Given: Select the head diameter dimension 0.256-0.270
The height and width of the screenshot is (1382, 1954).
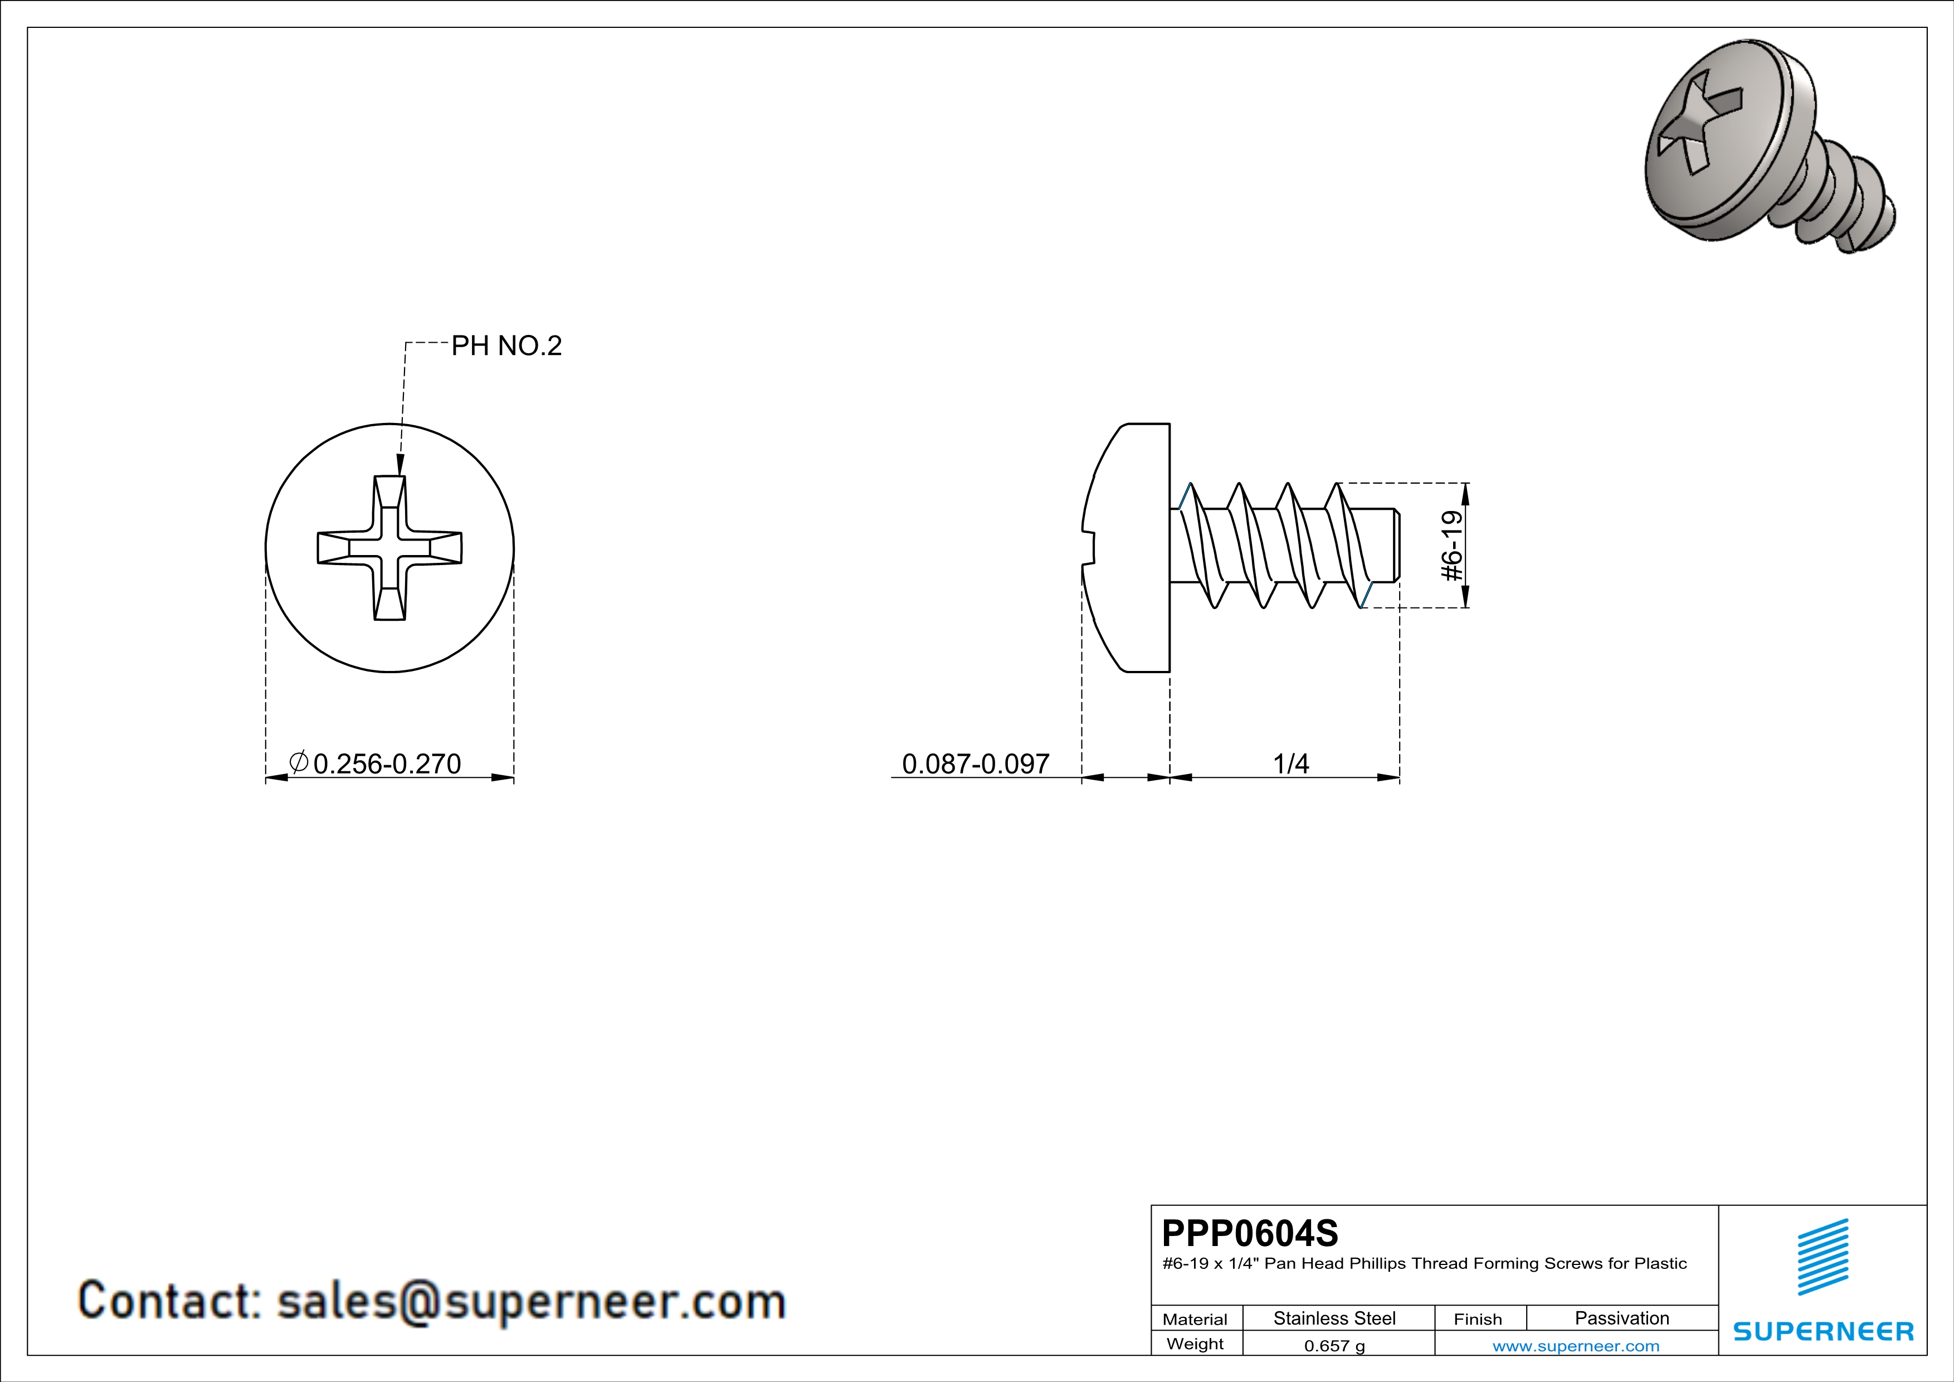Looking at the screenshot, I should [x=386, y=763].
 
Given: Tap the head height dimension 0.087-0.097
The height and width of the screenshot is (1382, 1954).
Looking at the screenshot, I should [x=975, y=763].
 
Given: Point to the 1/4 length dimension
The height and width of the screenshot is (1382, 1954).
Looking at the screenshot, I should [x=1290, y=763].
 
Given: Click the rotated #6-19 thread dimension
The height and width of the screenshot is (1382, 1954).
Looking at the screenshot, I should [x=1453, y=546].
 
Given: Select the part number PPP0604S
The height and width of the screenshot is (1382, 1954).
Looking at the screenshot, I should [x=1249, y=1232].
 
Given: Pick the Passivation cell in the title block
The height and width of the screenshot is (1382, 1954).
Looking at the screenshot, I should [x=1621, y=1318].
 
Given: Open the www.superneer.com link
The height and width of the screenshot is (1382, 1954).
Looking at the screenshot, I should [x=1575, y=1345].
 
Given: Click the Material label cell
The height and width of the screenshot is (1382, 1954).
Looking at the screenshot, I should [x=1195, y=1319].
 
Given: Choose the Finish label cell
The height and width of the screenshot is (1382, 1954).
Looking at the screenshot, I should [x=1478, y=1319].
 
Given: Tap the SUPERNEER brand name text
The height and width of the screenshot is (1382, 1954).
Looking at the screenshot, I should [x=1823, y=1331].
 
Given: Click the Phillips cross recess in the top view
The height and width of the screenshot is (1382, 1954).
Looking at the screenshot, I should [x=390, y=548].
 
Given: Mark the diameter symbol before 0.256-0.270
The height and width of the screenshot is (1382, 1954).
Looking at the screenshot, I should [x=298, y=762].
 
